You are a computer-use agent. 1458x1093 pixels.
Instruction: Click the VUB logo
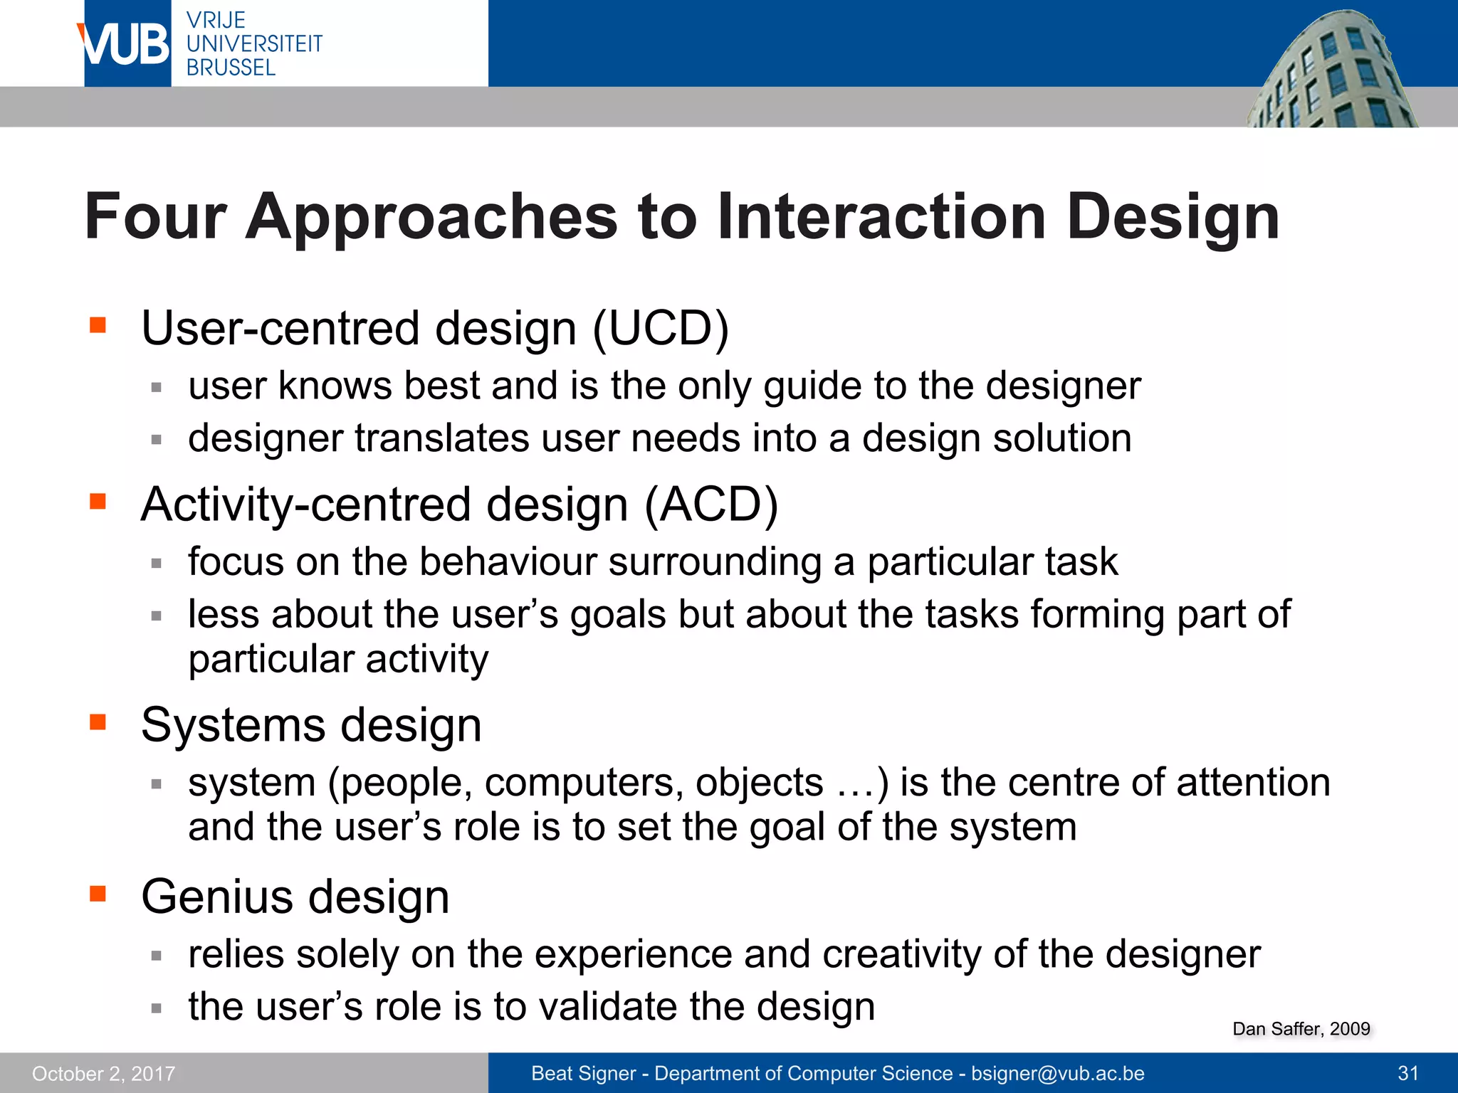pos(125,44)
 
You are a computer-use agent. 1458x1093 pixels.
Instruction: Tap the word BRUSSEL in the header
pos(231,68)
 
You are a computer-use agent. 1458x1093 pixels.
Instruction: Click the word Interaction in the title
pos(881,217)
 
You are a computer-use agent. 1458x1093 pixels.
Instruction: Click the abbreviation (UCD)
pos(661,329)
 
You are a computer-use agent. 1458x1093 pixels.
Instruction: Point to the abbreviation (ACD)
pos(710,505)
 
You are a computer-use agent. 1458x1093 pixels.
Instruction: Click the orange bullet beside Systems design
pos(98,723)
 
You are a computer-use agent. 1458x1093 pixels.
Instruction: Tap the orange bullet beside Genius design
pos(98,894)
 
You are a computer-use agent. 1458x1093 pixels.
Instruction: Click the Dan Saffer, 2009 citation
pos(1301,1029)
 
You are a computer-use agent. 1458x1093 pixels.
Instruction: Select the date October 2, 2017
pos(103,1074)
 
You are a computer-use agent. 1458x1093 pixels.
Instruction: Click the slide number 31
pos(1408,1074)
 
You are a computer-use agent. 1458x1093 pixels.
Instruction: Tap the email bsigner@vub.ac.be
pos(1057,1074)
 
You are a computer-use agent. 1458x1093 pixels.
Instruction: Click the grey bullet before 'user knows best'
pos(157,388)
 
